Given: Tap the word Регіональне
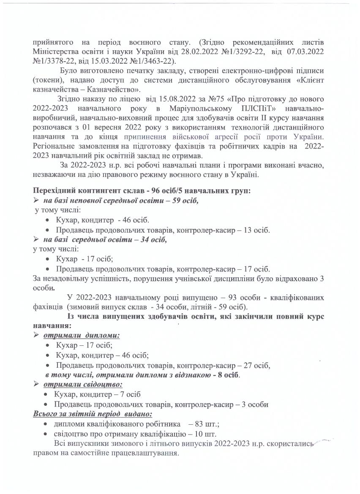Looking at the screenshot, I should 55,146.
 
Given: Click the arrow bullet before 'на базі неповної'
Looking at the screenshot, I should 36,200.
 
